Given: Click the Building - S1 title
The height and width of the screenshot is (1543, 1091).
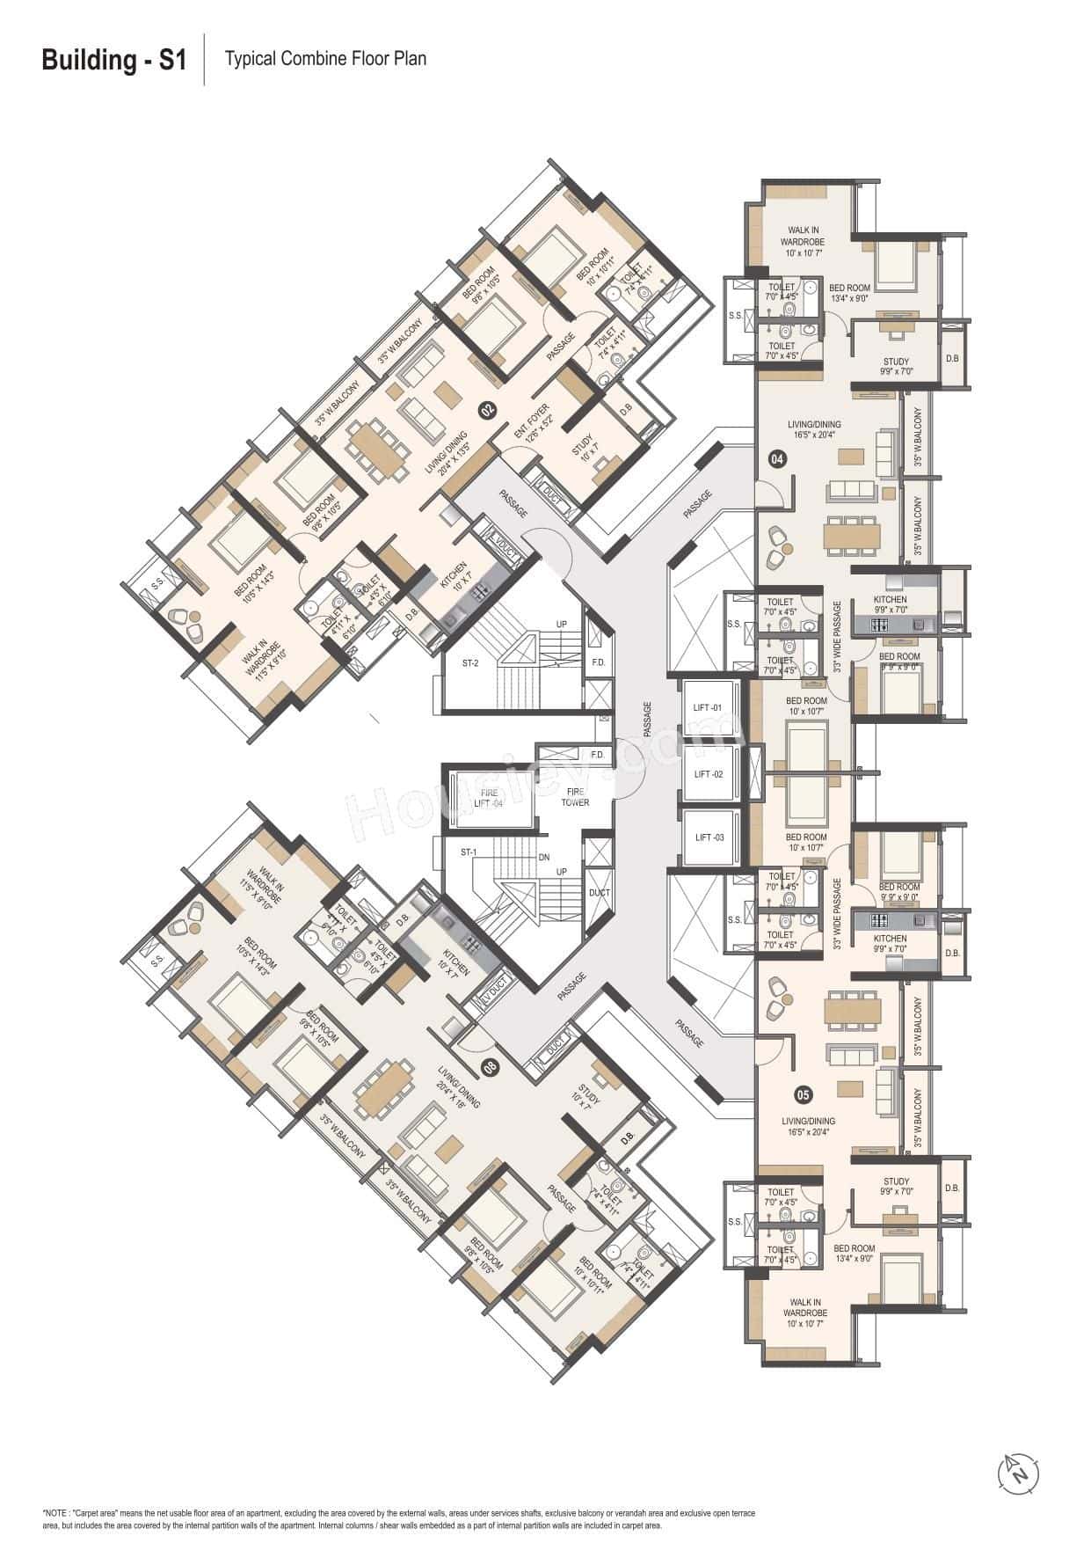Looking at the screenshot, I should click(114, 61).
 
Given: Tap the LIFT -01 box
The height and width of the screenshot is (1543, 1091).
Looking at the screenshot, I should click(708, 708).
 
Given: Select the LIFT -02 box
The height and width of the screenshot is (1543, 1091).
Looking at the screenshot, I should click(708, 774).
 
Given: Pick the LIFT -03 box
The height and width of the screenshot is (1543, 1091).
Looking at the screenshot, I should click(708, 837).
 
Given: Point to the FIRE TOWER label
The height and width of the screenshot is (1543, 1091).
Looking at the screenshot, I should click(576, 797).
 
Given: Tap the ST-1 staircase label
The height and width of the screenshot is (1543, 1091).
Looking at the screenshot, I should click(468, 852).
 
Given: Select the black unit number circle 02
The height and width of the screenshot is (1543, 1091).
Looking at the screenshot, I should click(485, 408).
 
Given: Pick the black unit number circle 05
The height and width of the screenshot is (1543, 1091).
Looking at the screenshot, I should click(803, 1095).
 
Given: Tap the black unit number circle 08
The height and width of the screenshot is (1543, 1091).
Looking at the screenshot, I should click(491, 1067).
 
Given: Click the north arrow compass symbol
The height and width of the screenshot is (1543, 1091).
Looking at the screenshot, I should click(1018, 1470).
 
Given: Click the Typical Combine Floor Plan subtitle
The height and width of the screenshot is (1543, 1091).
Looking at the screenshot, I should click(325, 59).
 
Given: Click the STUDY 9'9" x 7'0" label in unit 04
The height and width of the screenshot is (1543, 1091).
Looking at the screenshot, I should click(896, 367).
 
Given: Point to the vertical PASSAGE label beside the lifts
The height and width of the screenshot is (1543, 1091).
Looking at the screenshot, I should click(647, 720).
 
